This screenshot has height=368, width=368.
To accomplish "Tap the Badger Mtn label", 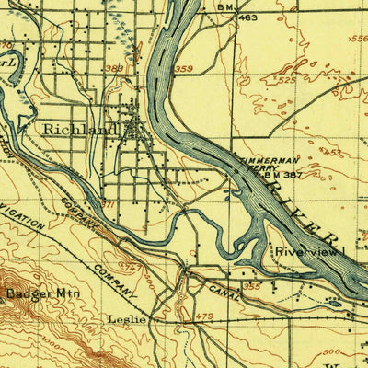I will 33,295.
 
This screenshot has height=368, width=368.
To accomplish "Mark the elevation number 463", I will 247,17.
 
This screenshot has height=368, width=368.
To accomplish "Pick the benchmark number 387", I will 293,176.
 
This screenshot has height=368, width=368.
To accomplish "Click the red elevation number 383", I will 113,67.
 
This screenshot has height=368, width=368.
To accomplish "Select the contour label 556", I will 358,40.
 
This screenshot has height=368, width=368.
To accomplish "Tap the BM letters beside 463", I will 224,7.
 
